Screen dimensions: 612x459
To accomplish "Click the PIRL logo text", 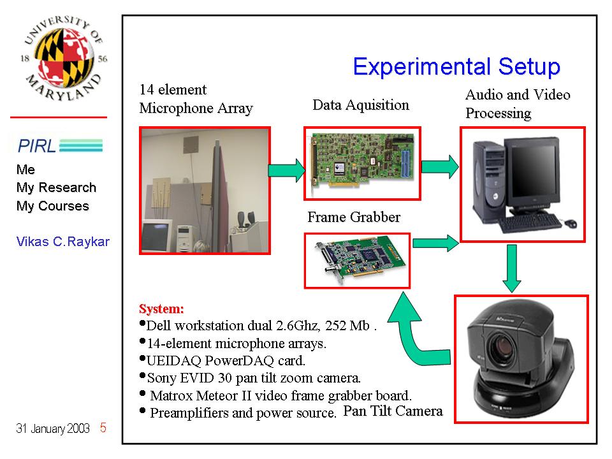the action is click(x=37, y=146).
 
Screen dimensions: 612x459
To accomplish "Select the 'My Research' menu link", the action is click(x=56, y=187).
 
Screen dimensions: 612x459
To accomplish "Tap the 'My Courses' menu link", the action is click(x=53, y=206).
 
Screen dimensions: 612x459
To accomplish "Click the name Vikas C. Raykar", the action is click(x=63, y=242).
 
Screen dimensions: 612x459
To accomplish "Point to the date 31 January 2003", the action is click(x=53, y=428).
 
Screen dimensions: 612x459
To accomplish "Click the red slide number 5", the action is click(x=103, y=428).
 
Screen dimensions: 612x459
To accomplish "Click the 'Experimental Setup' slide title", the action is click(x=456, y=67).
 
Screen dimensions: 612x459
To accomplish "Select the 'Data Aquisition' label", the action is click(x=361, y=105).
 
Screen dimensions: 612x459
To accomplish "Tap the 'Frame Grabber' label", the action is click(x=354, y=217).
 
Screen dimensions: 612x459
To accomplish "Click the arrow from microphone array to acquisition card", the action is click(x=287, y=170).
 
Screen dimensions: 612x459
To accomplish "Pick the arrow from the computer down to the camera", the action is click(x=512, y=268).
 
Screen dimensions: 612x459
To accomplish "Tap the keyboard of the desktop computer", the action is click(x=530, y=222).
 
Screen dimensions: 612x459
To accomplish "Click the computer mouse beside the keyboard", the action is click(x=571, y=223).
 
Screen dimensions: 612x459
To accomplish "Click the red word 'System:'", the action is click(x=161, y=309).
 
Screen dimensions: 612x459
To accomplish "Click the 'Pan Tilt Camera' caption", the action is click(x=393, y=411).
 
